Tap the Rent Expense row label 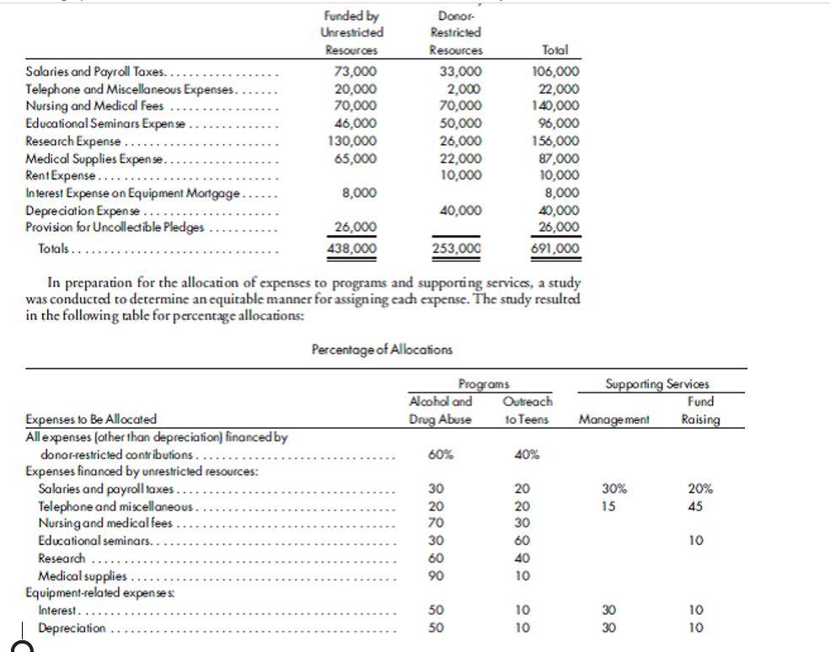point(63,175)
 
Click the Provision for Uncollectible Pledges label point(115,227)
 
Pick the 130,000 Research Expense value point(351,141)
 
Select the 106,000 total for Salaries point(555,72)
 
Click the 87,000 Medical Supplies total point(559,158)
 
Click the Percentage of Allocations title point(382,349)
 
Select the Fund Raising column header point(700,410)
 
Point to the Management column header point(614,419)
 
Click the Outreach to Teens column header point(527,410)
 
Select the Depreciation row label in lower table point(72,628)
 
